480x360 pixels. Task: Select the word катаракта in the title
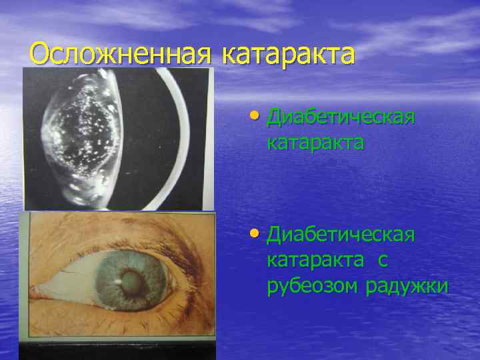[x=287, y=54]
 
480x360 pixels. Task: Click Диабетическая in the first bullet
[x=341, y=118]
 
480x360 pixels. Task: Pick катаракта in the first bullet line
[x=315, y=143]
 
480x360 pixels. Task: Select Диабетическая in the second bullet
[x=341, y=235]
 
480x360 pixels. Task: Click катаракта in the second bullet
[x=315, y=261]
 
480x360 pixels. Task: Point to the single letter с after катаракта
[x=382, y=261]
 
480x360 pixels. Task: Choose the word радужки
[x=407, y=286]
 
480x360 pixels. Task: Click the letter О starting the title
[x=41, y=54]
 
